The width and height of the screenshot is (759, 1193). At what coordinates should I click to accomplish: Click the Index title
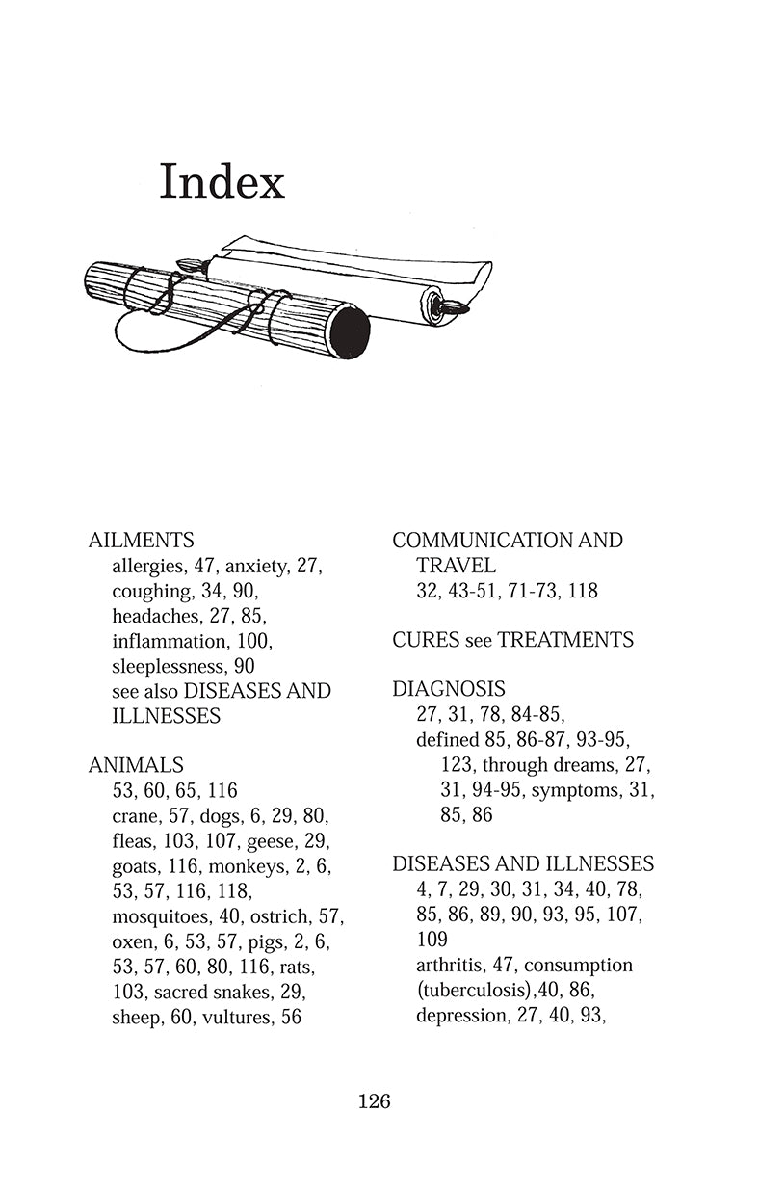pyautogui.click(x=222, y=181)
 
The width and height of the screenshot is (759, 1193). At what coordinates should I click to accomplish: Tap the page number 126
pyautogui.click(x=374, y=1100)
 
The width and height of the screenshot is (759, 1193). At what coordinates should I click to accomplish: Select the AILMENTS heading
pyautogui.click(x=141, y=541)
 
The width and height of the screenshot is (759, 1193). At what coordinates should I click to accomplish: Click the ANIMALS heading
pyautogui.click(x=136, y=766)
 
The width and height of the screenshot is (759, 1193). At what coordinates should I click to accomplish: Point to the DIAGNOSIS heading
pyautogui.click(x=449, y=690)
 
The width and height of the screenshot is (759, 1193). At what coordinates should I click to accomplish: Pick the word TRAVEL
pyautogui.click(x=457, y=566)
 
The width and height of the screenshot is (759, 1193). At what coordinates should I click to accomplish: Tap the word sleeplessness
pyautogui.click(x=168, y=666)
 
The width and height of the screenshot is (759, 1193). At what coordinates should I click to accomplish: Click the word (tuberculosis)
pyautogui.click(x=474, y=991)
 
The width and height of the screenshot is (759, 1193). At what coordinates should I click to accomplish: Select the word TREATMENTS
pyautogui.click(x=569, y=640)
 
